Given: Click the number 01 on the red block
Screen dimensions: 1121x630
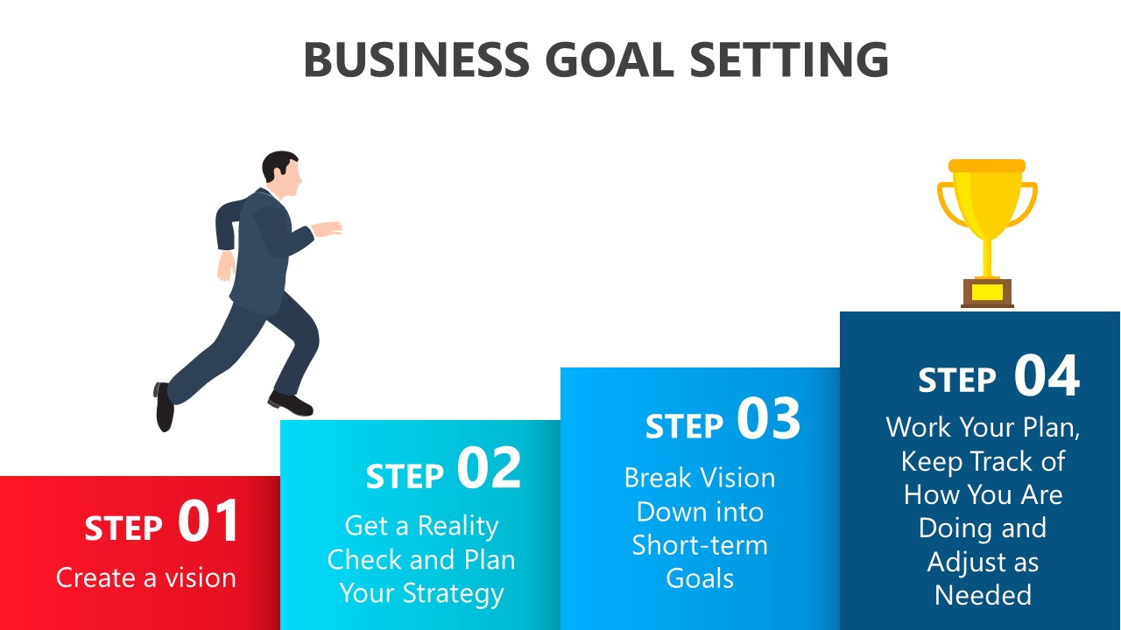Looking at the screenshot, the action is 208,521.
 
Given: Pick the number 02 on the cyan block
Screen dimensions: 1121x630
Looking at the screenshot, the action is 489,468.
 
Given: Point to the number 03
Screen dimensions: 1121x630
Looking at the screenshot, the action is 768,418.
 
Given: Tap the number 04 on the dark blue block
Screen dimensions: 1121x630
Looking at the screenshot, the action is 1047,375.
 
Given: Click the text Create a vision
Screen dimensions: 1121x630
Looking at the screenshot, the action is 145,578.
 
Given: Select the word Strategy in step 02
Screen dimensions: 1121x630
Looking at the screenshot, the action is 453,594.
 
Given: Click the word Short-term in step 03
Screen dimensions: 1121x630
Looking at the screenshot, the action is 700,545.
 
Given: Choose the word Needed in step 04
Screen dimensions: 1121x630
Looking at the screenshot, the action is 983,595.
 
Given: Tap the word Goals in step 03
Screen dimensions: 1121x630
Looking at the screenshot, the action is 700,578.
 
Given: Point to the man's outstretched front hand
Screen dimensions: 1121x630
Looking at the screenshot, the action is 327,228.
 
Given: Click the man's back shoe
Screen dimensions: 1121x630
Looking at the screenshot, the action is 164,407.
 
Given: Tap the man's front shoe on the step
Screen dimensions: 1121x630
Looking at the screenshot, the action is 290,403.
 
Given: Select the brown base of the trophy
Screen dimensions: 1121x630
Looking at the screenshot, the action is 987,293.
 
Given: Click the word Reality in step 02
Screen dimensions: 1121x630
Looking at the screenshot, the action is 458,527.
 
